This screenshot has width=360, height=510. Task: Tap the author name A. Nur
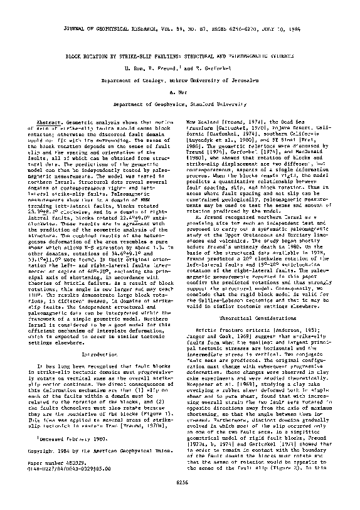click(180, 91)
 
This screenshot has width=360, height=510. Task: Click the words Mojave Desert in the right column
click(290, 130)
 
